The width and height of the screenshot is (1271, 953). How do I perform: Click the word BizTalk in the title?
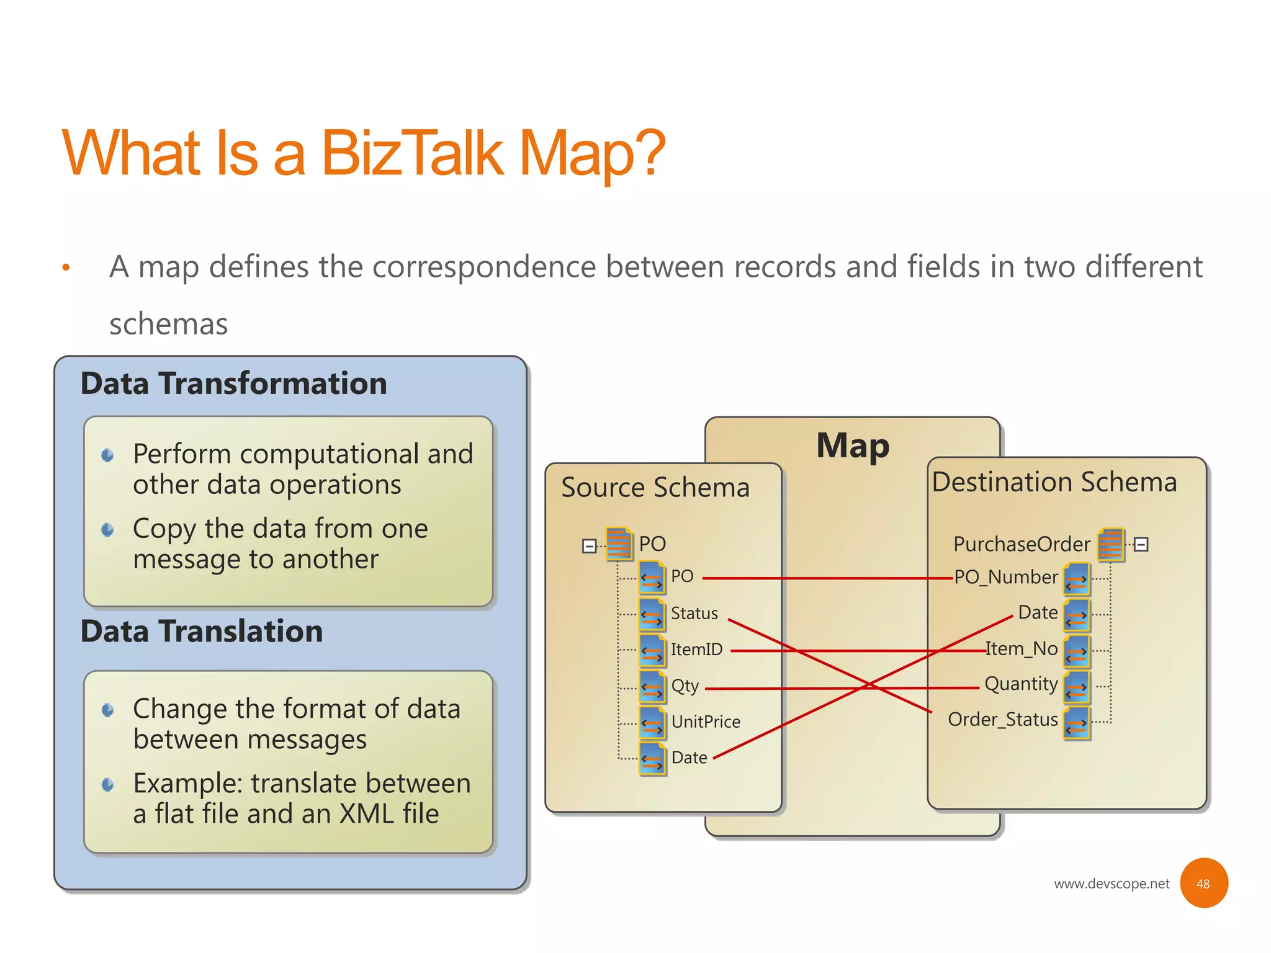412,153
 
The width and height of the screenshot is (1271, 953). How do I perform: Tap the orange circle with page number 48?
1203,884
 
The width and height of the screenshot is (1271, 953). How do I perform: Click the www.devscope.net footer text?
1111,884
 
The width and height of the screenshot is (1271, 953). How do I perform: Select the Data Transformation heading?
233,383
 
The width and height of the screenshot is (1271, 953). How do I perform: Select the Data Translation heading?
202,631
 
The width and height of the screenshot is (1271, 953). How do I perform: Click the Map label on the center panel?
853,445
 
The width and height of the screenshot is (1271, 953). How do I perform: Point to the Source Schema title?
655,488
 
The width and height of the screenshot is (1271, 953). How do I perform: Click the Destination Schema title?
1054,482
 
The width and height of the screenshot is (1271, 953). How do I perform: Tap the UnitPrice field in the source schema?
706,722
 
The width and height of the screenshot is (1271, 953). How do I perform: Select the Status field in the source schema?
694,613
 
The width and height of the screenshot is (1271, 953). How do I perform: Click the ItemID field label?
696,650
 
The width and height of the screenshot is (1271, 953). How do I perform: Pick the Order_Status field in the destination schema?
1002,720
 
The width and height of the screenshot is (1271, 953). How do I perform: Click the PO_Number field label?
1005,577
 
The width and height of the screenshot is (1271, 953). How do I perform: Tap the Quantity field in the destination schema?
1021,684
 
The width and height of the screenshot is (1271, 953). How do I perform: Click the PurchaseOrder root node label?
1022,544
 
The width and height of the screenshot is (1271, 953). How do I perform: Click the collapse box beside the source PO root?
589,546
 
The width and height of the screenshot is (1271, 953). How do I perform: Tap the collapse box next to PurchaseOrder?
1141,545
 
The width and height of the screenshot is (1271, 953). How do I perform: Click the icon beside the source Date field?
652,758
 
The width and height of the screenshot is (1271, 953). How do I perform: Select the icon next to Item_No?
1077,650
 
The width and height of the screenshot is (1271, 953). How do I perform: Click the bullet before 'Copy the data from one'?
108,529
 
